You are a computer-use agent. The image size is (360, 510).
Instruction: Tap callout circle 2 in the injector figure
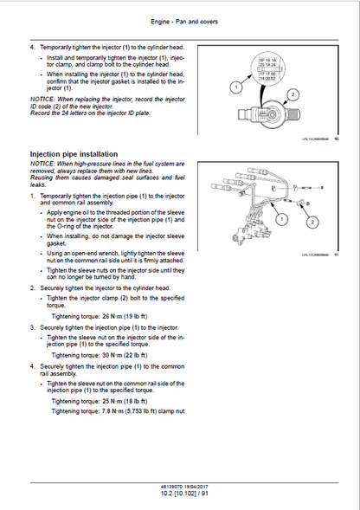(293, 94)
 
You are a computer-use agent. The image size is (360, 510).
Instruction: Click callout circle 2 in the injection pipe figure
(279, 220)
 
